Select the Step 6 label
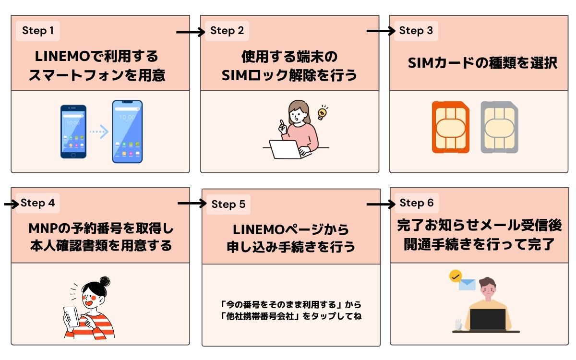(x=416, y=203)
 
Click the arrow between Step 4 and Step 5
(x=192, y=204)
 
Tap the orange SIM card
(x=450, y=127)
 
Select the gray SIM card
(x=499, y=127)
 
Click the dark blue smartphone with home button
(x=73, y=132)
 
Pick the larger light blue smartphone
(x=127, y=132)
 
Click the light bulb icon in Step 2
(x=323, y=113)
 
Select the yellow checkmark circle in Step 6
(x=455, y=276)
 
